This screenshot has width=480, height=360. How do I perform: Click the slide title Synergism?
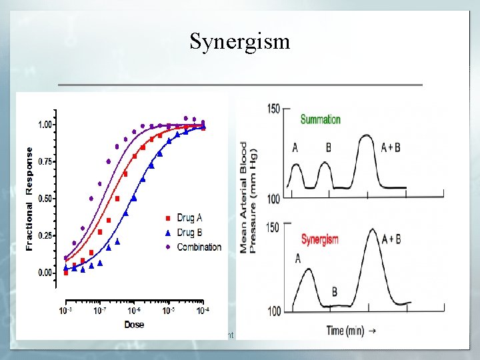click(240, 41)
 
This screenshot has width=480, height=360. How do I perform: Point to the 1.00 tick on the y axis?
click(46, 125)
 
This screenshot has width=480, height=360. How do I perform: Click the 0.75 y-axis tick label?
click(46, 161)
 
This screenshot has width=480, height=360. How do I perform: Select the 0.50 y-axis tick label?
click(46, 199)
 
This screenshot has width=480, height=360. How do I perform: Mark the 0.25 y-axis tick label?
click(46, 236)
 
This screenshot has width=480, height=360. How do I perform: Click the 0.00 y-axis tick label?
click(46, 273)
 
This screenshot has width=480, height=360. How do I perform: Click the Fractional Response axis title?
click(29, 199)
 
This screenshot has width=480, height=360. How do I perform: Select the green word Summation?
click(320, 120)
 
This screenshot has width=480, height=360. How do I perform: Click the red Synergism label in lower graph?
click(319, 239)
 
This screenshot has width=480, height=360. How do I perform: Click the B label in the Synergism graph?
click(335, 292)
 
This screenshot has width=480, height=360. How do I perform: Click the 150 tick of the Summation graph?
click(273, 109)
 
